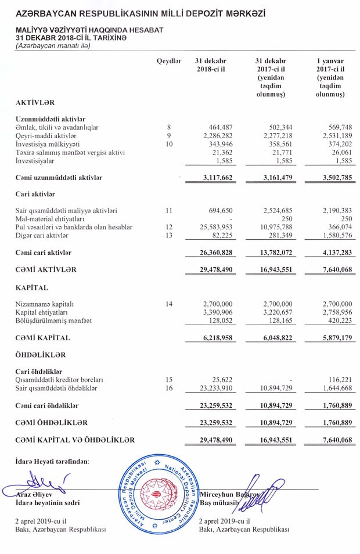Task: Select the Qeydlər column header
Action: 169,61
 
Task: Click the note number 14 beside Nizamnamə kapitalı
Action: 169,304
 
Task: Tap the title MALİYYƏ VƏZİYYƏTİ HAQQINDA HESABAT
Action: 90,30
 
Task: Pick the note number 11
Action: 169,210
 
